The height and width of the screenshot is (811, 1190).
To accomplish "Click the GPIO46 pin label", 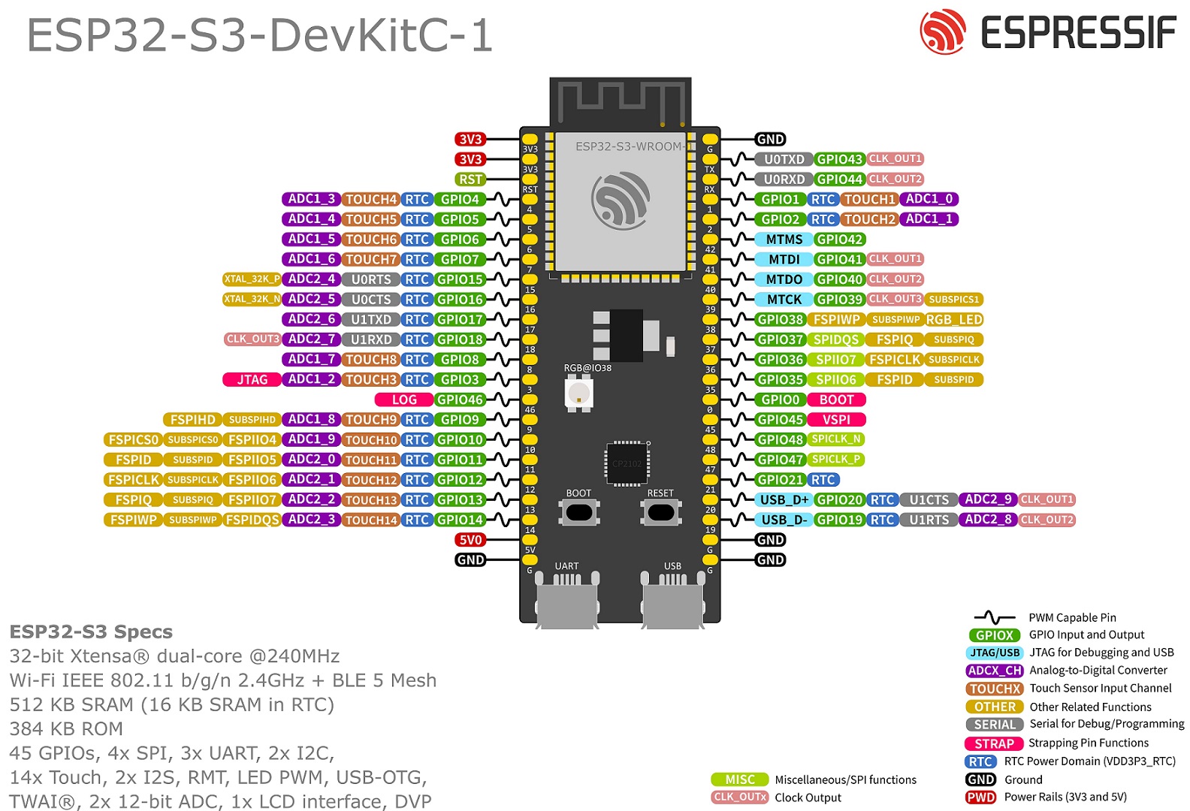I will (460, 399).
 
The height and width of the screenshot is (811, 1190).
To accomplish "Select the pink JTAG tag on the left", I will (252, 380).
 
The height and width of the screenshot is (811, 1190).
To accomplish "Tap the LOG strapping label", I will (404, 399).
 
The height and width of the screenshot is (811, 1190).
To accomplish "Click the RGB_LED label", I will (954, 319).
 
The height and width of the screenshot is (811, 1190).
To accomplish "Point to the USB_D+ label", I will (784, 499).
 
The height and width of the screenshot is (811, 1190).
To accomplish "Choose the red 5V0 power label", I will (470, 540).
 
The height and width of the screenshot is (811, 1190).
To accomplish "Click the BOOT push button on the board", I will (578, 512).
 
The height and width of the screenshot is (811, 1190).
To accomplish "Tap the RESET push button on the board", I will (660, 512).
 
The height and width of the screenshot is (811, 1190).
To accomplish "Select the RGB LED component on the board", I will (578, 393).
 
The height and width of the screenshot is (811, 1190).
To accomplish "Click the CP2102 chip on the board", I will (627, 463).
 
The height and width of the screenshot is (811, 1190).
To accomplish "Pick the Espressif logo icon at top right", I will (942, 32).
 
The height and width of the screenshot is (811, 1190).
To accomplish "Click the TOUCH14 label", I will (371, 520).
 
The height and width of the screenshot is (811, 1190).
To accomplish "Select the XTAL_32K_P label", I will (252, 279).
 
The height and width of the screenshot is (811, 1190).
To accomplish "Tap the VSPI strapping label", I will (836, 420).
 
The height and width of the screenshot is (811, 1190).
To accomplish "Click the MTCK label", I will (784, 299).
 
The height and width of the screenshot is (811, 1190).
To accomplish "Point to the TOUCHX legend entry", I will (995, 689).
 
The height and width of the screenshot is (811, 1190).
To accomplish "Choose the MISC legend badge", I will (739, 779).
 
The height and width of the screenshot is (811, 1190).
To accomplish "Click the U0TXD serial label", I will (784, 159).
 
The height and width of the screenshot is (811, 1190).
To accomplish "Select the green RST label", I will (470, 179).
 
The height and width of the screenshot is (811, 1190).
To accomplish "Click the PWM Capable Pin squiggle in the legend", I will (994, 617).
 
